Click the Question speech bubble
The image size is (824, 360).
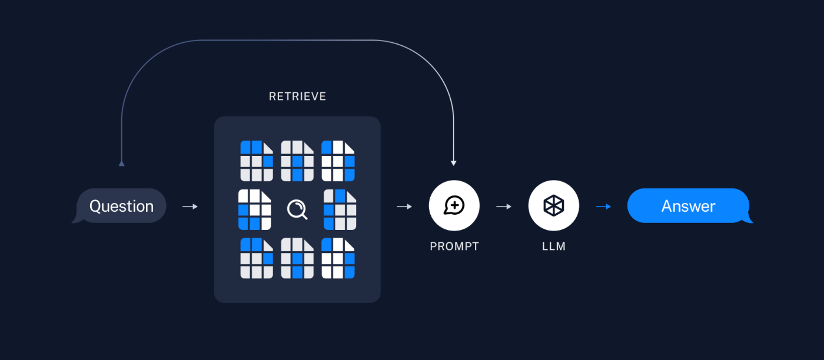(121, 206)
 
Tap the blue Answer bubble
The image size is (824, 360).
(688, 206)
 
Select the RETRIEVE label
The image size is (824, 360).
(297, 96)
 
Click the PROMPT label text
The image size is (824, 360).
(454, 246)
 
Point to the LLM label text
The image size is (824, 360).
(554, 246)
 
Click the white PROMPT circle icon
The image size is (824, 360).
(454, 205)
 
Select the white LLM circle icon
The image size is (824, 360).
(554, 205)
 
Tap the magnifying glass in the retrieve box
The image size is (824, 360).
(297, 209)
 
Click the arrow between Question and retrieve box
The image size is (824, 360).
(190, 206)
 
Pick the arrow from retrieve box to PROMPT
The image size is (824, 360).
(404, 206)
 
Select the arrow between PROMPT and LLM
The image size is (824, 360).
(504, 206)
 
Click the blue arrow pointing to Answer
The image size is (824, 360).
(603, 206)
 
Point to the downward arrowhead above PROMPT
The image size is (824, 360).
(453, 162)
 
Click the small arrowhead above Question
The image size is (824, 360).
(122, 163)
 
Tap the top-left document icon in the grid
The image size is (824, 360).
(257, 161)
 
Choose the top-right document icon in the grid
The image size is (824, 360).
(338, 161)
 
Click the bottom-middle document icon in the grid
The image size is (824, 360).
(297, 258)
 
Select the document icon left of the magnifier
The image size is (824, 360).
(255, 209)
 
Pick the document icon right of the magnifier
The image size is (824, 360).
(340, 209)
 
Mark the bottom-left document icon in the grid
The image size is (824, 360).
(257, 258)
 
